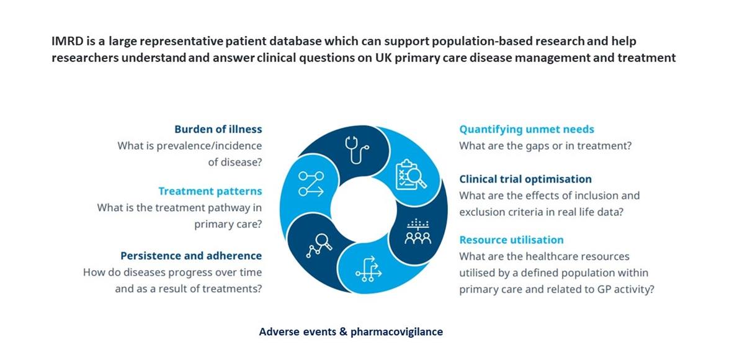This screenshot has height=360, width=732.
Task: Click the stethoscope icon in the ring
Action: coord(356,149)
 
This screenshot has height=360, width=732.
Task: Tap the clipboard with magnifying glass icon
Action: coord(411,175)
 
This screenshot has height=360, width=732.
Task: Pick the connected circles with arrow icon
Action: coord(311,184)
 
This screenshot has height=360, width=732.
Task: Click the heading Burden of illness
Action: coord(218,129)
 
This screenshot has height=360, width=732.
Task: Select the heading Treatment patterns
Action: coord(210,191)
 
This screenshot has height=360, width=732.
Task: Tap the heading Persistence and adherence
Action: coord(191,255)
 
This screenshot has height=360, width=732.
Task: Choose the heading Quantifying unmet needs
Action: coord(527,129)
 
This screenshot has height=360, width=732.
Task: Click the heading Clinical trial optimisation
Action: coord(525,179)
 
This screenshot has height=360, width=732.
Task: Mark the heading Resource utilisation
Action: coord(511,240)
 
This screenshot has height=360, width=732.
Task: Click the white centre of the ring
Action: coord(363,209)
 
